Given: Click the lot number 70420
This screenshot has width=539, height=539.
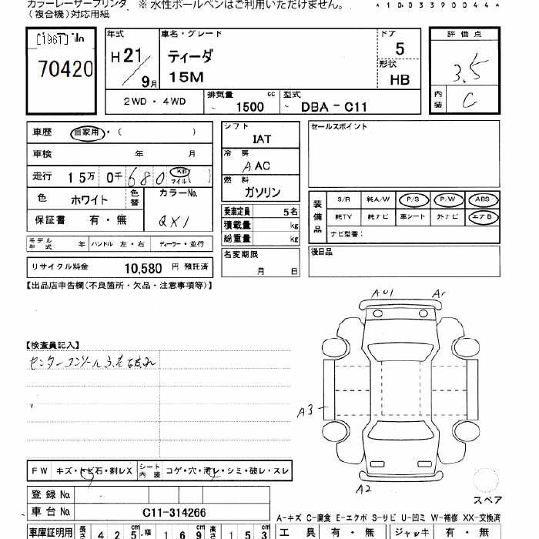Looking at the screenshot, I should [65, 69].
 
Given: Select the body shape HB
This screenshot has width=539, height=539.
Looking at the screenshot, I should [400, 79].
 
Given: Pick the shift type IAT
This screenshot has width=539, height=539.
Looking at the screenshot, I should [261, 139].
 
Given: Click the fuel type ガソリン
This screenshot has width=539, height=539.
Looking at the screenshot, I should [262, 192].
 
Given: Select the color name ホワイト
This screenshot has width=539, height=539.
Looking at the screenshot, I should [89, 199].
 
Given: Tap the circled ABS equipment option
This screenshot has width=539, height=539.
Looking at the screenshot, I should [481, 199].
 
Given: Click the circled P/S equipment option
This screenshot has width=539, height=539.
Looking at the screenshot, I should [413, 199].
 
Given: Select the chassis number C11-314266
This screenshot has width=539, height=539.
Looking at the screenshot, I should [173, 512].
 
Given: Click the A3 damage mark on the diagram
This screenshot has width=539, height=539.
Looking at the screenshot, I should [306, 412].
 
